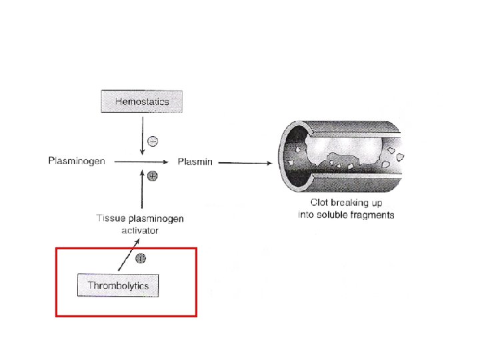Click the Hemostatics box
[141, 102]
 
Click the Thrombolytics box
[118, 286]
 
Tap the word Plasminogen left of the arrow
[77, 161]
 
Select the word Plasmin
[195, 161]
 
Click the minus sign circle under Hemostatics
[152, 141]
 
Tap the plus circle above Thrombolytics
[141, 258]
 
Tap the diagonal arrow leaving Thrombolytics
[125, 259]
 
